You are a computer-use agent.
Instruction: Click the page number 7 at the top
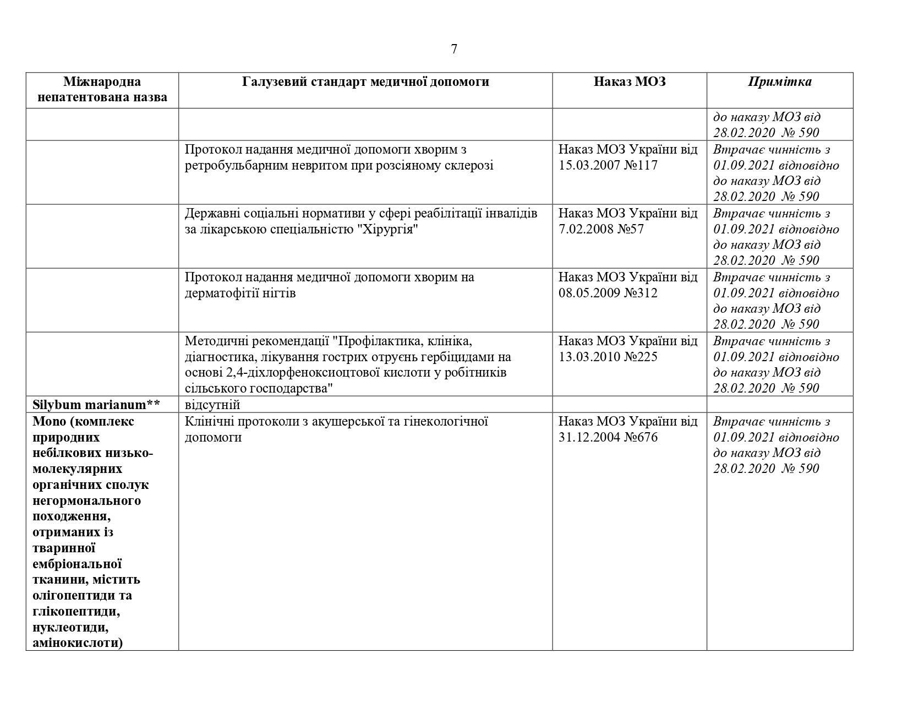(454, 49)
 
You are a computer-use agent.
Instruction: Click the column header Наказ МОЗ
(630, 82)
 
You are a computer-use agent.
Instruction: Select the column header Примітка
(779, 82)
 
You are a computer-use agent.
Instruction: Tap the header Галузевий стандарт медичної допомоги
(365, 82)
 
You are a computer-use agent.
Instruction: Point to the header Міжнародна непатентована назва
(102, 90)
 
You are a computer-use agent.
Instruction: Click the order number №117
(641, 165)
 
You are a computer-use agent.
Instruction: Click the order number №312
(641, 293)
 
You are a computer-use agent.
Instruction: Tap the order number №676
(641, 438)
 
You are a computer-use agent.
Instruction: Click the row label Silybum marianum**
(96, 405)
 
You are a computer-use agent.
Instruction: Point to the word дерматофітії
(220, 293)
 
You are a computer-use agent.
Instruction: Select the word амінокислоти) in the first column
(77, 643)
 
